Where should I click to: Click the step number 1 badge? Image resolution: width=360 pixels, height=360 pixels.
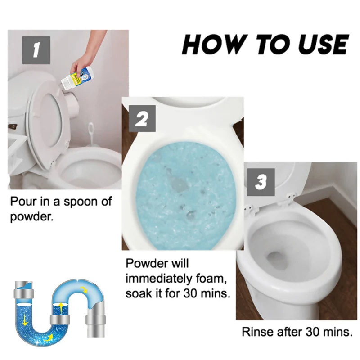coord(36,50)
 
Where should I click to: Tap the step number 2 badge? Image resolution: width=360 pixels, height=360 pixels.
coord(142,118)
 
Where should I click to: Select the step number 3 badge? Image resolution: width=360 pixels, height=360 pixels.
coord(261,182)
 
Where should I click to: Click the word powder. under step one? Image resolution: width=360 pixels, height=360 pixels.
coord(31,216)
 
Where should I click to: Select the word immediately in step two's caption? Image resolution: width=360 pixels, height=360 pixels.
coord(159,279)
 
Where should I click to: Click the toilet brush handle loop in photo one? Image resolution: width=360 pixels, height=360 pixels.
coord(91,129)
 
